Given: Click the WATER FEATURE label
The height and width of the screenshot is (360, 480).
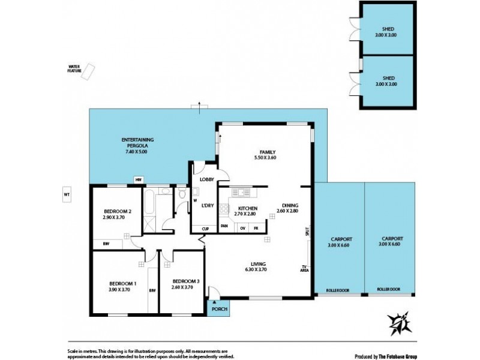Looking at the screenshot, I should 74,68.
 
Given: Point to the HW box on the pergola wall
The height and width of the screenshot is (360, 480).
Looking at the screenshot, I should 138,179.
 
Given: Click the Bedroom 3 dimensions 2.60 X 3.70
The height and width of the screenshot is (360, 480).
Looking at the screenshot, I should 182,289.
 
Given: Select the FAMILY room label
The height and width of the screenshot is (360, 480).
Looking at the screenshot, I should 267,152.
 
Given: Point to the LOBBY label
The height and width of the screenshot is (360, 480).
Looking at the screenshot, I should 207,179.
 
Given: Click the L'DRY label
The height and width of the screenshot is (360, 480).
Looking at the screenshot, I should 208,206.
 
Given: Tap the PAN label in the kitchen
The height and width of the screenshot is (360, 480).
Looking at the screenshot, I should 224,226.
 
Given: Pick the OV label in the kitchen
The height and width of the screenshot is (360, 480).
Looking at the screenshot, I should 242,228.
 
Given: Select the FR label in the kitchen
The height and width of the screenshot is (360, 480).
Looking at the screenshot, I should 256,228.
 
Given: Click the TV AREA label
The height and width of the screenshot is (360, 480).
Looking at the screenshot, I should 304,269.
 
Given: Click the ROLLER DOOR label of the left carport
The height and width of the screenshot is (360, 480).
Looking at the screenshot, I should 337,290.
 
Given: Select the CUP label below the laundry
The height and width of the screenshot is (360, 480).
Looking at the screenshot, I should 205,229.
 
